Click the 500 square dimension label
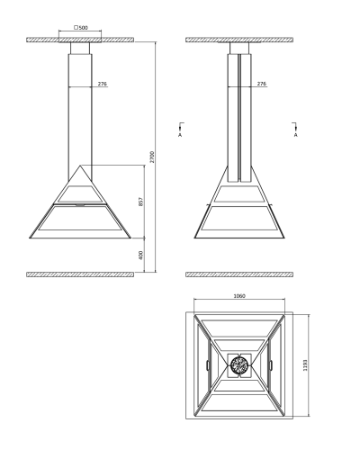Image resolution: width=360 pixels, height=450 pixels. [x=81, y=28]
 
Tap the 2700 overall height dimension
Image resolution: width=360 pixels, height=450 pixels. [x=152, y=157]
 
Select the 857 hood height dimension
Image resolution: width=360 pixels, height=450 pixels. [x=141, y=202]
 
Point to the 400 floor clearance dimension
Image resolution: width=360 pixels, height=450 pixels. [x=141, y=255]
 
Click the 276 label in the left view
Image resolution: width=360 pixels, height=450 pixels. [x=103, y=84]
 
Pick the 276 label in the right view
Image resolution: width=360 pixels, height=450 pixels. [x=262, y=84]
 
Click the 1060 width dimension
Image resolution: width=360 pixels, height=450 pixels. [x=239, y=296]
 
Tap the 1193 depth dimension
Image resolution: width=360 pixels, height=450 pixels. [x=305, y=364]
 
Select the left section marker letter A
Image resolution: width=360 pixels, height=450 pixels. [x=180, y=135]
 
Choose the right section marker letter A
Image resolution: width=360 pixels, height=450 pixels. [x=296, y=135]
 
